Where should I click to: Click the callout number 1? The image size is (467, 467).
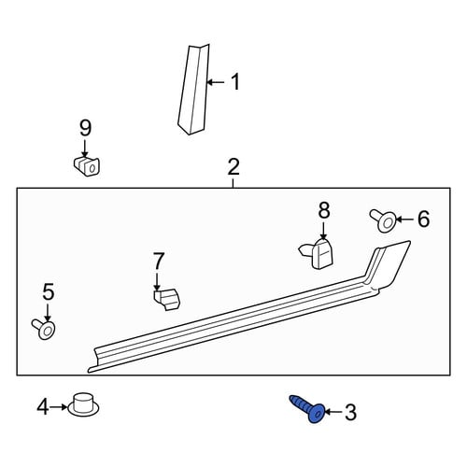(x=235, y=82)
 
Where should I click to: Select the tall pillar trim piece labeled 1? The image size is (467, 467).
(x=193, y=90)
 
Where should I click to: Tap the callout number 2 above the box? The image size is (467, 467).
(x=233, y=166)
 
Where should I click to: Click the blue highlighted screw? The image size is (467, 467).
(x=308, y=409)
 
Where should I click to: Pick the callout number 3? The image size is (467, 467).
(x=350, y=412)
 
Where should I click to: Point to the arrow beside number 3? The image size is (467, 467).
(x=334, y=412)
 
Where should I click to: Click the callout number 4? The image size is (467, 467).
(x=43, y=407)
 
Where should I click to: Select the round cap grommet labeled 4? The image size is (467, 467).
(x=83, y=404)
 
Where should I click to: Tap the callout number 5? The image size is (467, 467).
(x=49, y=291)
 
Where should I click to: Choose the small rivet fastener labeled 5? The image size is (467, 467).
(x=44, y=330)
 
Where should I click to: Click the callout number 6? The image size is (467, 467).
(x=423, y=219)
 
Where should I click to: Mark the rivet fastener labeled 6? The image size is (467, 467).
(x=383, y=220)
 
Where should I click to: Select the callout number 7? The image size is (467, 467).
(x=158, y=261)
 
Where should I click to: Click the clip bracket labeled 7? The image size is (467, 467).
(x=167, y=300)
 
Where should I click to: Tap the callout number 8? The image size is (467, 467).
(x=324, y=210)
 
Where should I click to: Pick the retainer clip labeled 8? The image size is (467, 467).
(x=317, y=253)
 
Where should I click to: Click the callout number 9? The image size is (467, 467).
(x=85, y=128)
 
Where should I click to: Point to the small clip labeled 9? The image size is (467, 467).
(x=87, y=166)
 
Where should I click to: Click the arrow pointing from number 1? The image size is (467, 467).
(x=216, y=82)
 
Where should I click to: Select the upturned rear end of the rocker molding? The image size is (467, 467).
(x=389, y=264)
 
